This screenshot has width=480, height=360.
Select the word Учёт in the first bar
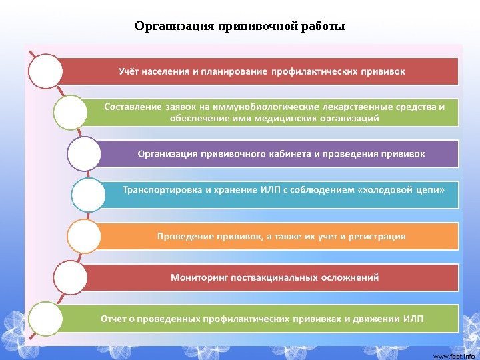(131, 71)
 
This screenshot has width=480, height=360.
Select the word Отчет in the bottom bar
(113, 318)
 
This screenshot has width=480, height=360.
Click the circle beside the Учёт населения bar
(45, 71)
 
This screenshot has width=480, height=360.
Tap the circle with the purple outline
(85, 154)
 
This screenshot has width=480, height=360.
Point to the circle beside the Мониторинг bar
(70, 278)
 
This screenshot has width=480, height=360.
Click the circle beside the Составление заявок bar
(71, 112)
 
